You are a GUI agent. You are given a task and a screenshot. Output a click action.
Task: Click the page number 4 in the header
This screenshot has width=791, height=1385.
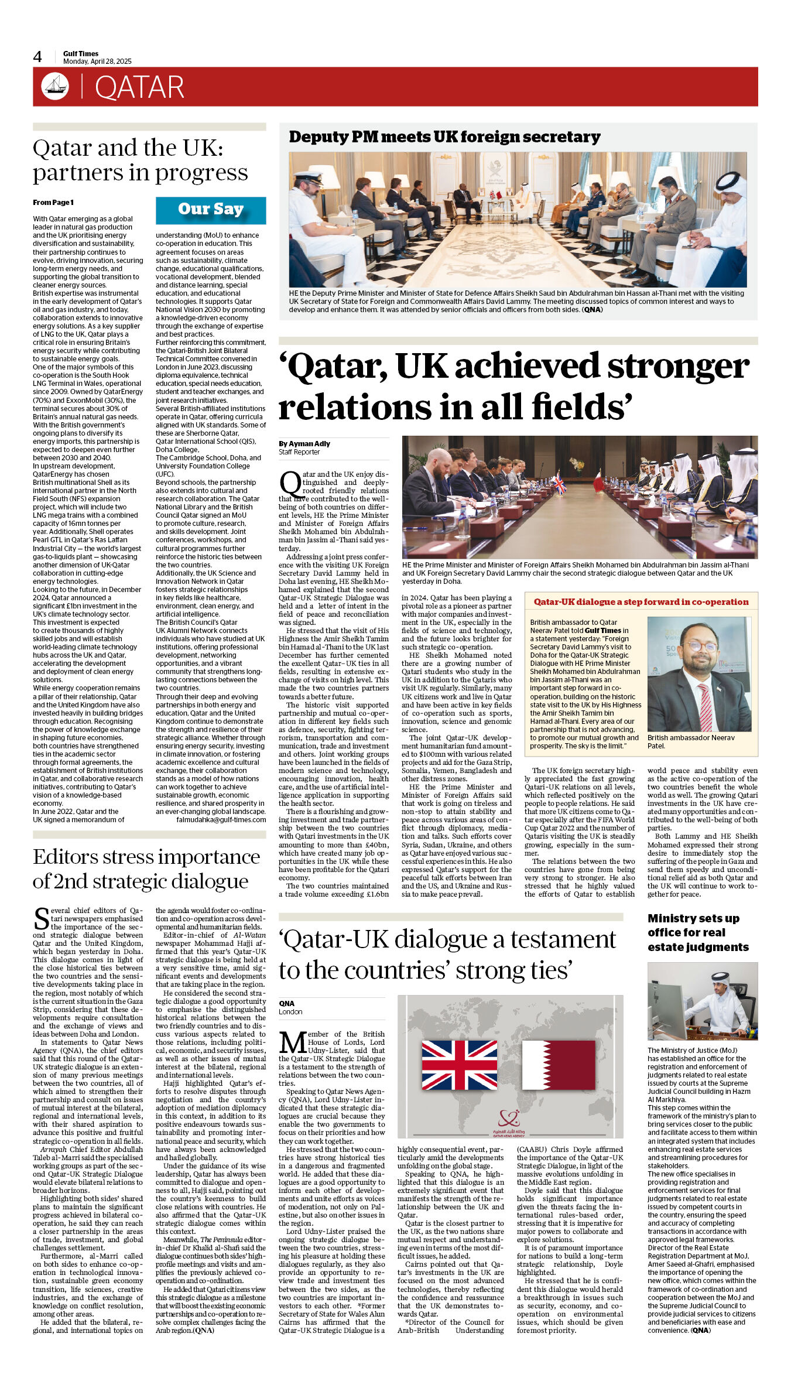pos(37,57)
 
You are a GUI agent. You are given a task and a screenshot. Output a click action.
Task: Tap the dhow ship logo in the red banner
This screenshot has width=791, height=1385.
pos(55,86)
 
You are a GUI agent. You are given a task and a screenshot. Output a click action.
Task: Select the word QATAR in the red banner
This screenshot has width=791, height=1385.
pos(139,87)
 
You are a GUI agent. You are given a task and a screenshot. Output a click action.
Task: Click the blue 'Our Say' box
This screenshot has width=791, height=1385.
pos(211,210)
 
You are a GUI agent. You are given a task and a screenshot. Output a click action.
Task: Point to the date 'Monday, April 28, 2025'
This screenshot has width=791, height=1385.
pos(97,61)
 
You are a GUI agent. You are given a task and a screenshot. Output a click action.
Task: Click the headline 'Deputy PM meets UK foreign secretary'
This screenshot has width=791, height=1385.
pos(444,137)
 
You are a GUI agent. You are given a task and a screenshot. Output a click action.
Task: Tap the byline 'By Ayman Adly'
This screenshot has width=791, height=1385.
pos(304,444)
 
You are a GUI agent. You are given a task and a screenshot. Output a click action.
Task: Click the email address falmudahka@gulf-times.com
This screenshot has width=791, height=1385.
pos(221,820)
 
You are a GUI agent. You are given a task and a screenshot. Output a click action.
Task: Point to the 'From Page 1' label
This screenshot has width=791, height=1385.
pos(53,203)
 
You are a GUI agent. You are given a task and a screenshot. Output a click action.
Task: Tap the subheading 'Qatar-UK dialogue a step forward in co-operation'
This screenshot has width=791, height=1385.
pos(641,602)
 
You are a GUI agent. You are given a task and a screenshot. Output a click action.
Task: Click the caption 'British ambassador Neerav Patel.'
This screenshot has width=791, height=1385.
pos(691,741)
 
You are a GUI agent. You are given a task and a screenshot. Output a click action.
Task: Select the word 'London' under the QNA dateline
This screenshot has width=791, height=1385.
pos(290,1012)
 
